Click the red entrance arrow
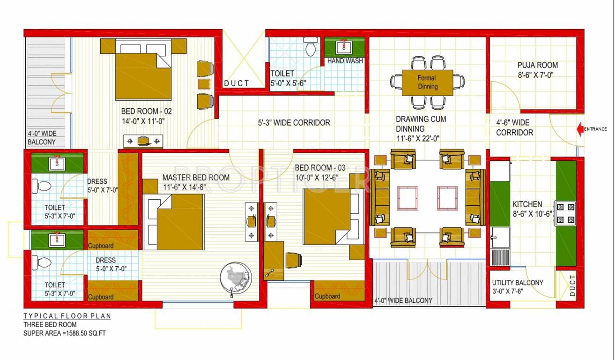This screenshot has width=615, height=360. click(x=580, y=129)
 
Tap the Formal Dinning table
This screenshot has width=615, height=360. click(x=427, y=82)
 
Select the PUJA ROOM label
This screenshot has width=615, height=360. click(x=537, y=65)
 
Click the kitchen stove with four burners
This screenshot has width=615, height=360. click(x=565, y=213)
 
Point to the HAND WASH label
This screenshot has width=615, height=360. click(x=345, y=61)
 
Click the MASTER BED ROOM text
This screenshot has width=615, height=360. click(x=196, y=178)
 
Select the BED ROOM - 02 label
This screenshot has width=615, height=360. click(x=147, y=112)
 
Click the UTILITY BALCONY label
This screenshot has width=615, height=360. click(x=517, y=283)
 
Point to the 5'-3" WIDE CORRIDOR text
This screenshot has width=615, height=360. click(x=294, y=123)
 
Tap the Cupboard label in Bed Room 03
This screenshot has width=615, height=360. click(x=327, y=296)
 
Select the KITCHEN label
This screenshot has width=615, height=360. click(x=527, y=204)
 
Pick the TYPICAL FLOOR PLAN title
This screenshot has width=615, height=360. click(x=67, y=316)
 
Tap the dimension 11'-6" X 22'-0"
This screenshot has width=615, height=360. click(x=417, y=138)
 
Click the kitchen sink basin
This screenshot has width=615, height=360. click(x=500, y=237)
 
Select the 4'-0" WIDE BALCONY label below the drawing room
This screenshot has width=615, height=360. click(x=403, y=300)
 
